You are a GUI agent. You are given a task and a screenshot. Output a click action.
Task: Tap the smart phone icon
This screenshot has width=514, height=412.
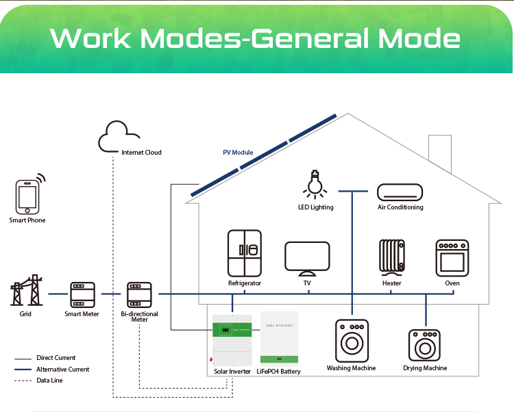pos(27,196)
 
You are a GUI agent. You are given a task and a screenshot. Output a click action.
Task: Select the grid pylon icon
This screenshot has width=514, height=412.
pos(27,292)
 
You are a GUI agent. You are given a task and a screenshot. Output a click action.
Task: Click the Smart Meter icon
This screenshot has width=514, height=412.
pos(82,294)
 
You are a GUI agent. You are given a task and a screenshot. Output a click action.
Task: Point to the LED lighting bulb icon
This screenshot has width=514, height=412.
pos(315,184)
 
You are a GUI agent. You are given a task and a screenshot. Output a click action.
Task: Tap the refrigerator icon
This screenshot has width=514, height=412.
pos(245,253)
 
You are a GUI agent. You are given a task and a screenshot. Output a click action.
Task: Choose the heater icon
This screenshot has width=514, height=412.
pos(392,257)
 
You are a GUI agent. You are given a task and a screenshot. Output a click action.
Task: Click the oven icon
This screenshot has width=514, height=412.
pos(452,258)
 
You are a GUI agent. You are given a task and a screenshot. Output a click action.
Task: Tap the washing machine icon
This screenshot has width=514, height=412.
pos(351,340)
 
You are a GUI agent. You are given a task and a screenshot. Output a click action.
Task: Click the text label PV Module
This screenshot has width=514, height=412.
pos(238,153)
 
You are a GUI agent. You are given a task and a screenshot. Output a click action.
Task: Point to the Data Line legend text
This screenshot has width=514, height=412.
pos(49,381)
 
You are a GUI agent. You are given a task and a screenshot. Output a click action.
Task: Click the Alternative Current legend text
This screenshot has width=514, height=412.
pos(62,370)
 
